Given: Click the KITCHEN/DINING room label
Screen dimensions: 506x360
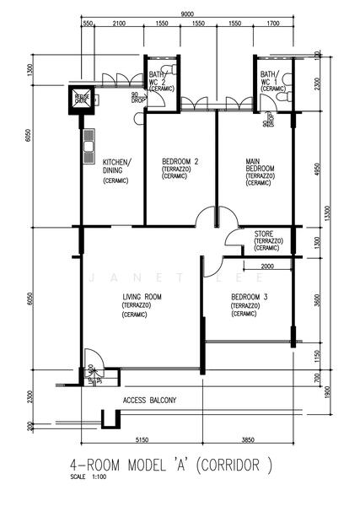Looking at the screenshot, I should point(116,165).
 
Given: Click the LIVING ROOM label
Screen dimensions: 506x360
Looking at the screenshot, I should point(142,297).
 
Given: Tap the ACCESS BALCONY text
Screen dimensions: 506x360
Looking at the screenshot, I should point(149,401).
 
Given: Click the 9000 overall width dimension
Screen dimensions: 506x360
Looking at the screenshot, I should point(187,13).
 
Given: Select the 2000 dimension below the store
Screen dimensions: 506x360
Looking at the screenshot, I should point(267,266).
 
